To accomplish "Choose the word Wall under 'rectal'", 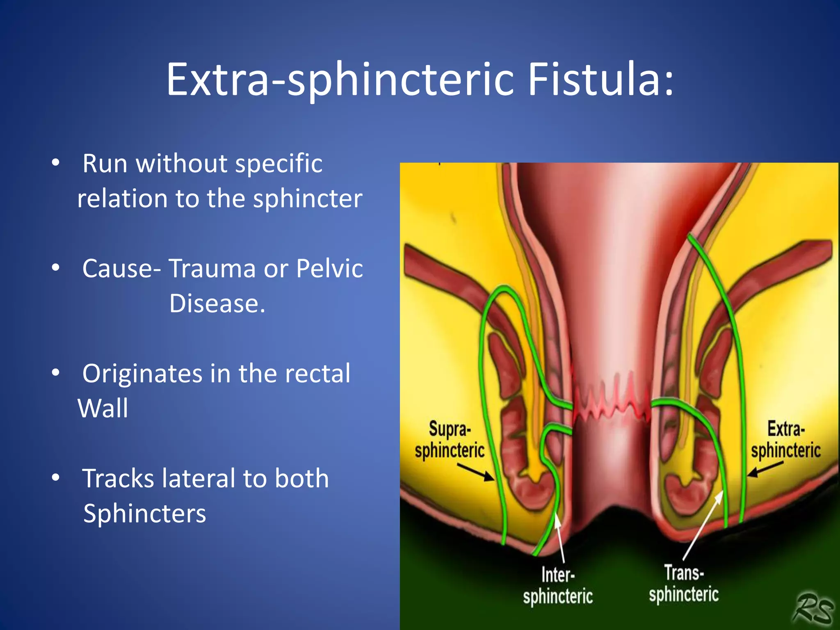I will coord(103,409).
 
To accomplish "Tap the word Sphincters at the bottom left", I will coord(144,514).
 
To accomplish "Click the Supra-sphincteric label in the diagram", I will coord(450,440).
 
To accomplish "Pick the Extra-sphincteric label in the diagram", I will coord(785,440).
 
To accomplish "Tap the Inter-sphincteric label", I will coord(558,586).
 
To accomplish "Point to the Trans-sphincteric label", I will coord(684,584).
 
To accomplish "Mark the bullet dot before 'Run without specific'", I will coord(56,163).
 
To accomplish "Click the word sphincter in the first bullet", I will coord(308,199).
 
